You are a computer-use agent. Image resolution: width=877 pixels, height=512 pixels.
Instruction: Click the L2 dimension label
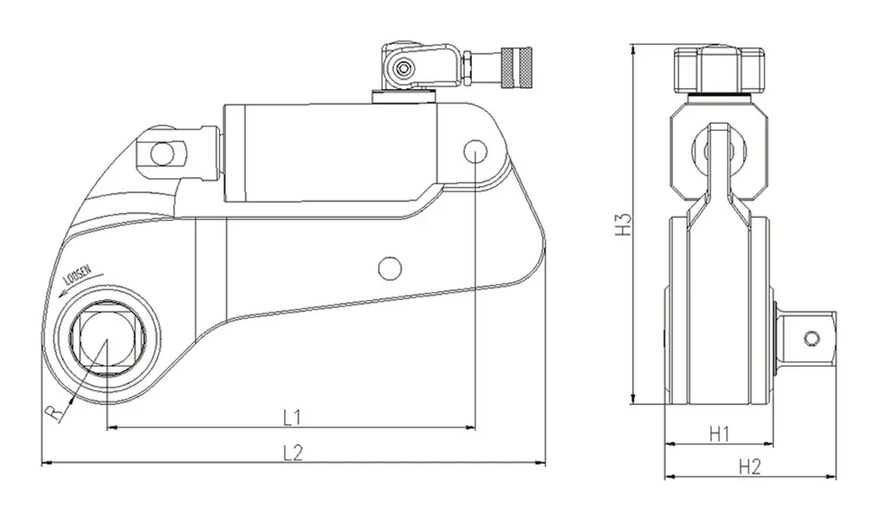[x=294, y=451]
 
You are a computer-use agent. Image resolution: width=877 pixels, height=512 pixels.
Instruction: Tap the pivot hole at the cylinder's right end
[x=474, y=151]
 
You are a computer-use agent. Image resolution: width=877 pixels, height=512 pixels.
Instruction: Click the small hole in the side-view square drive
[x=811, y=337]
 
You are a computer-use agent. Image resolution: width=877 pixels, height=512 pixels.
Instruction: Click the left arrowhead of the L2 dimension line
[x=46, y=463]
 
